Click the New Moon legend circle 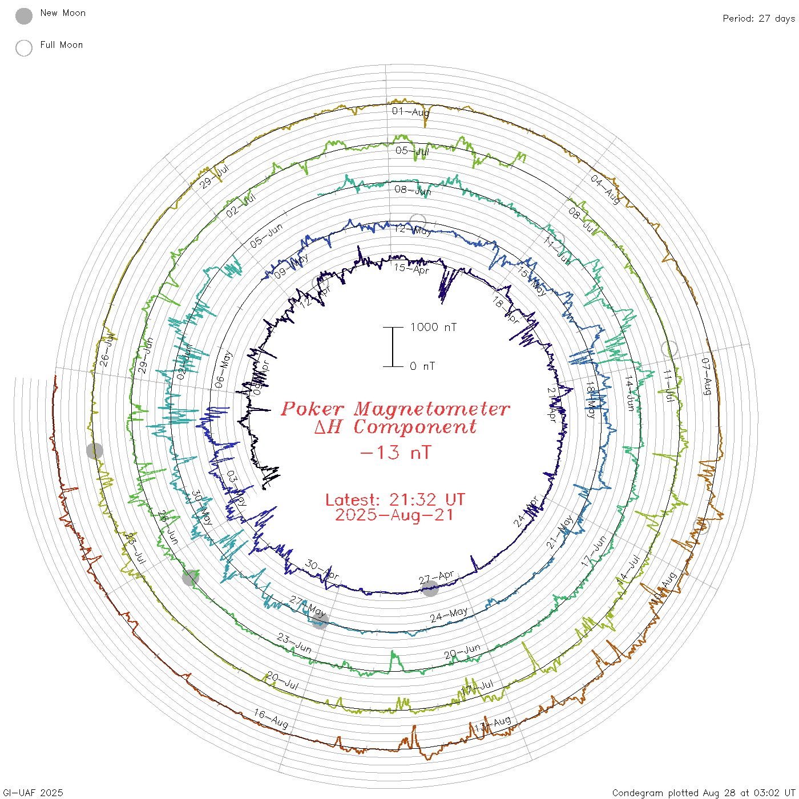click(x=24, y=17)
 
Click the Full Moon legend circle click(x=24, y=48)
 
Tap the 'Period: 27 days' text click(x=758, y=18)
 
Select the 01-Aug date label click(x=410, y=111)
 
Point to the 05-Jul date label click(x=412, y=151)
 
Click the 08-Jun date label click(x=413, y=190)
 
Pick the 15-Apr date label click(x=411, y=268)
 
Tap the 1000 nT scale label click(x=433, y=327)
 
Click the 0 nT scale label click(x=422, y=366)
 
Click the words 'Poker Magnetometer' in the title click(x=396, y=409)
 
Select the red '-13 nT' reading click(x=396, y=453)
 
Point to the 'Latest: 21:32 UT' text click(x=395, y=500)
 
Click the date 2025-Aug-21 click(x=394, y=515)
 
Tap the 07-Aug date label click(x=707, y=377)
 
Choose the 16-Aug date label click(x=271, y=718)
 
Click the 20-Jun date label click(x=463, y=651)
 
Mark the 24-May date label click(x=449, y=615)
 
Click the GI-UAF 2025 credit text click(x=32, y=793)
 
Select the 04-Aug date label click(x=605, y=189)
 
